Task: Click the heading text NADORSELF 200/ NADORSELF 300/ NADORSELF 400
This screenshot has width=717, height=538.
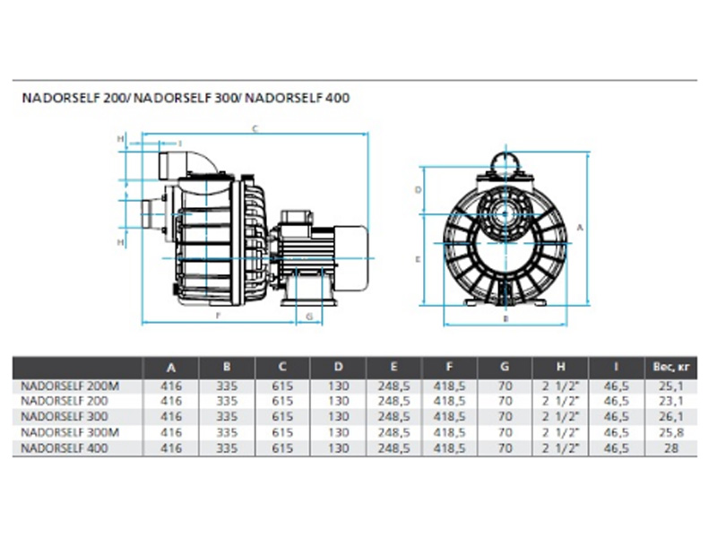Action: [186, 98]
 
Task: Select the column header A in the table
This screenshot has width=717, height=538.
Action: [171, 368]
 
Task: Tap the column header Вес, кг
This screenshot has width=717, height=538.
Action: [670, 367]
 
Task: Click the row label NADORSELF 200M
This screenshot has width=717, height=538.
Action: [70, 386]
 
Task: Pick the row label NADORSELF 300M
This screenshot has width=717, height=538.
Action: [70, 432]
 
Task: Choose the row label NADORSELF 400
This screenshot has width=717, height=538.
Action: [65, 447]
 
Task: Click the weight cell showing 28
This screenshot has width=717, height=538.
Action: [670, 447]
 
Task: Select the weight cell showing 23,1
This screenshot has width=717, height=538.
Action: [670, 401]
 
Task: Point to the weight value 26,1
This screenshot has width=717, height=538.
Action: [670, 417]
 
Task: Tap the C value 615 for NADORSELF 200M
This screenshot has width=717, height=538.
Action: [282, 386]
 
